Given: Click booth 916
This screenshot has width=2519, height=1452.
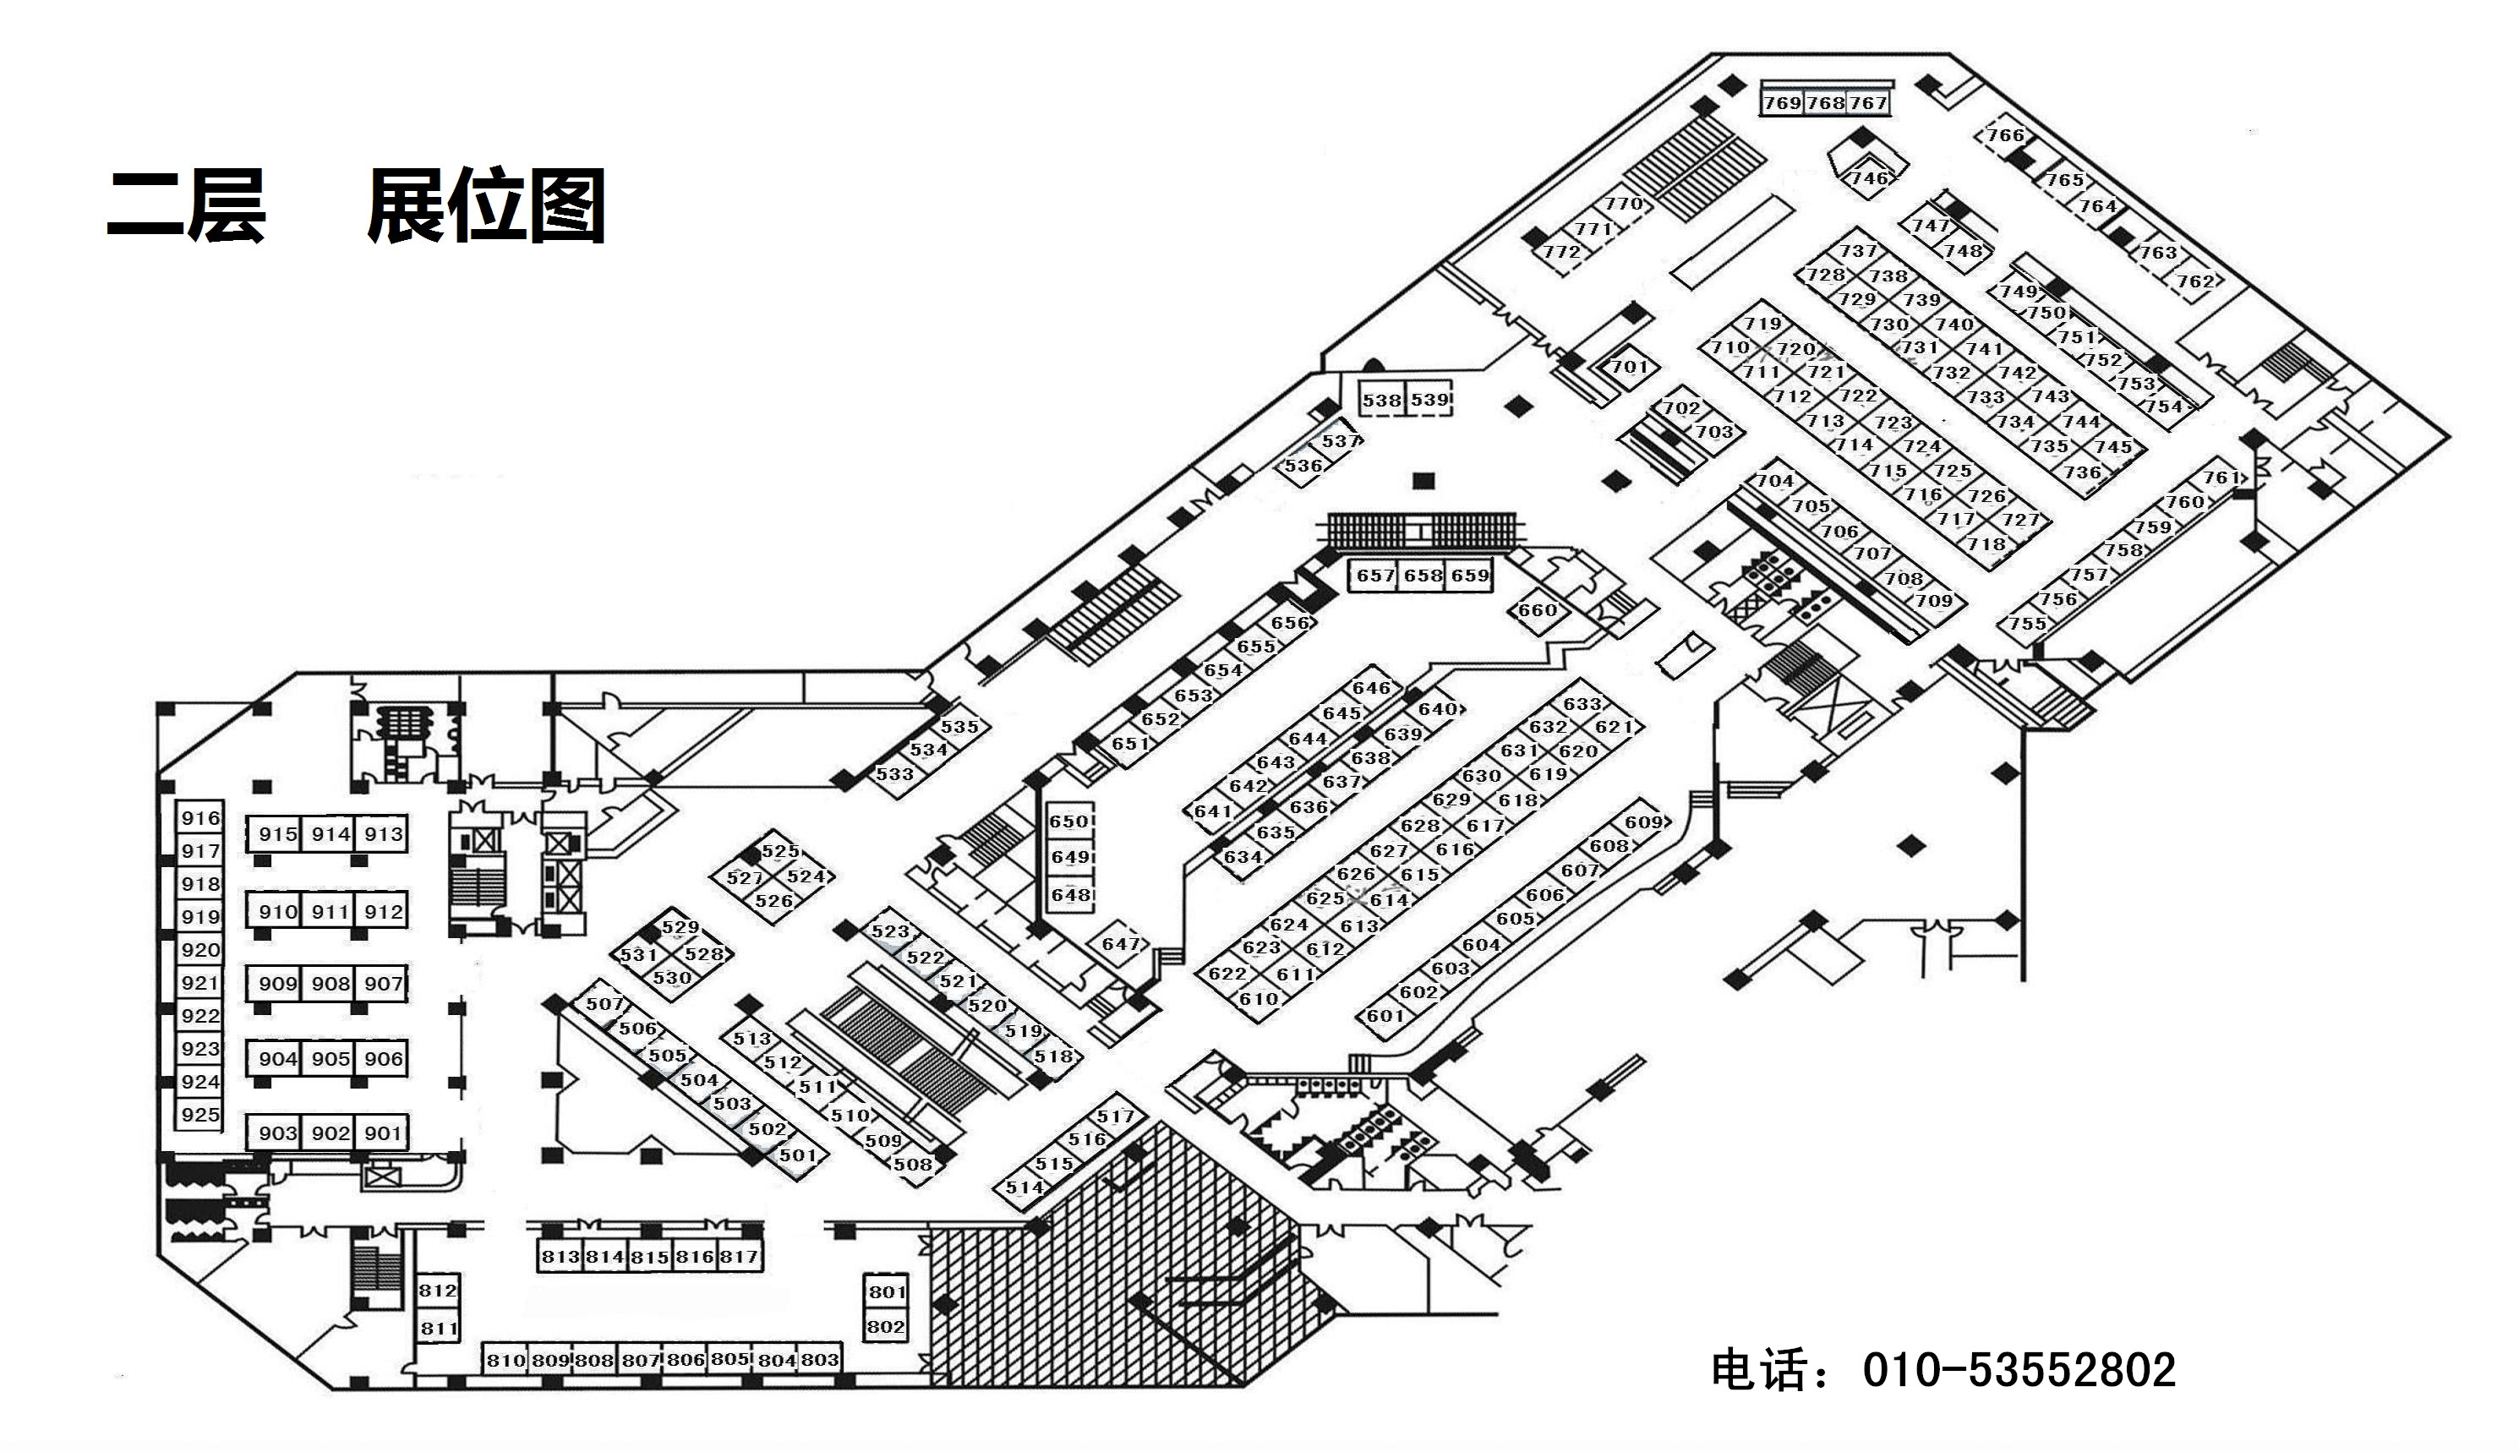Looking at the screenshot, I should pyautogui.click(x=199, y=818).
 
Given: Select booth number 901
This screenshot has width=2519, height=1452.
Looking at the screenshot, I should pyautogui.click(x=383, y=1133).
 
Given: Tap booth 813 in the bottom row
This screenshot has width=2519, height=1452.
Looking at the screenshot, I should pyautogui.click(x=560, y=1257).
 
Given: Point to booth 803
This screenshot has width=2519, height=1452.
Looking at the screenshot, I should pyautogui.click(x=820, y=1359).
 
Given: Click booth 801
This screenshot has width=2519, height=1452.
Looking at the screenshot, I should pyautogui.click(x=887, y=1292).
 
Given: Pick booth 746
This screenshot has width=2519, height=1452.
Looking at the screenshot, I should pyautogui.click(x=1869, y=177).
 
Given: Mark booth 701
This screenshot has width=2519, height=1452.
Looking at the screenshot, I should pyautogui.click(x=1630, y=366).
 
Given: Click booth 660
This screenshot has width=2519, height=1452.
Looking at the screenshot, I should pyautogui.click(x=1537, y=609).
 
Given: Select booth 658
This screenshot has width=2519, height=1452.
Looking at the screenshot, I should pyautogui.click(x=1423, y=576).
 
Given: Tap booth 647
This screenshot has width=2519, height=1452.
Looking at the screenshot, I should pyautogui.click(x=1120, y=943).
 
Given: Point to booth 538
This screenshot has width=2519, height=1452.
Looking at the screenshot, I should pyautogui.click(x=1382, y=400).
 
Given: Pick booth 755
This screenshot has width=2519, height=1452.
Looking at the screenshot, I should pyautogui.click(x=2027, y=623).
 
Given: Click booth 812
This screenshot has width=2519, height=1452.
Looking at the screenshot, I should pyautogui.click(x=438, y=1291).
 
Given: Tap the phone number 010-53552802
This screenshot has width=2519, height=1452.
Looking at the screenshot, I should pyautogui.click(x=2019, y=1370).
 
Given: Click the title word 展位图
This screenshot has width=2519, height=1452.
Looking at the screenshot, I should pyautogui.click(x=487, y=206).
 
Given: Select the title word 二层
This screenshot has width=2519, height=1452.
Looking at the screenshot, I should pyautogui.click(x=187, y=206).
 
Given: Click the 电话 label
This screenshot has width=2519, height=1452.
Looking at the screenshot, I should pyautogui.click(x=1763, y=1370).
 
